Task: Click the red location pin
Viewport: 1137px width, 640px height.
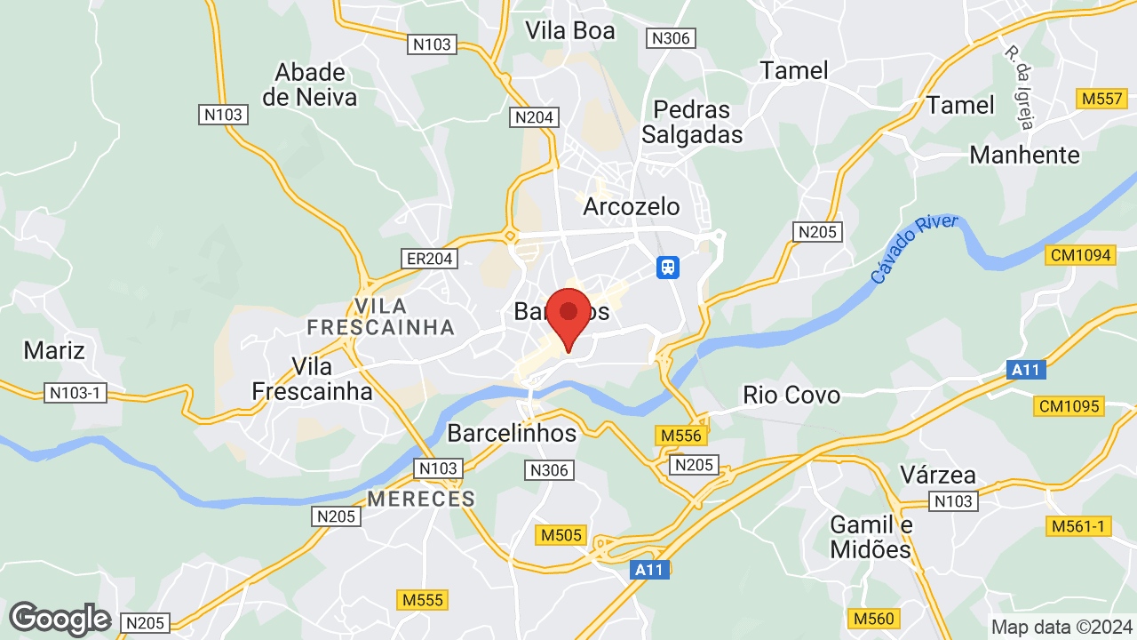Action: [568, 315]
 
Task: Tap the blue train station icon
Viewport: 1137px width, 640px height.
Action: [668, 267]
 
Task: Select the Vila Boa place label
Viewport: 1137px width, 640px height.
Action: [569, 30]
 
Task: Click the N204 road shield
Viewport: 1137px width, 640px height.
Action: [534, 117]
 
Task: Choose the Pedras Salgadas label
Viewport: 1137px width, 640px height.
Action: [692, 122]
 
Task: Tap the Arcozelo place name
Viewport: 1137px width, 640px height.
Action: [632, 207]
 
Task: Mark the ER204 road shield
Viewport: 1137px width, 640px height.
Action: [430, 259]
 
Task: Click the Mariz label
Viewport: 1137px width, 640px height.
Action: [54, 350]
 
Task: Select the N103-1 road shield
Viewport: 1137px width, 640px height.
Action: [76, 392]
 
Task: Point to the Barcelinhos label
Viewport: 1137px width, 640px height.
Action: [512, 433]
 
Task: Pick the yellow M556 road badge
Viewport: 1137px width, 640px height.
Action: [682, 436]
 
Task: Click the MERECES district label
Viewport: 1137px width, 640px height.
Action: [421, 499]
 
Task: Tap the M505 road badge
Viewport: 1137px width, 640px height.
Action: [561, 535]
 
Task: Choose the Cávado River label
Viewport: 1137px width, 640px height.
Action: [914, 250]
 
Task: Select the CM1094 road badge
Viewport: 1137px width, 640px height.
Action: [1080, 255]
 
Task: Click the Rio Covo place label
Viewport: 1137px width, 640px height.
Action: [791, 395]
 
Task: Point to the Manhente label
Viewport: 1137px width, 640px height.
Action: [1024, 156]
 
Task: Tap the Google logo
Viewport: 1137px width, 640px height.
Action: [60, 619]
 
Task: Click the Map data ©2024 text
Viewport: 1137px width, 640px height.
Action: [1061, 627]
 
